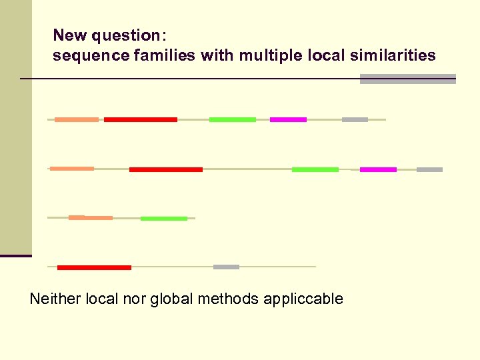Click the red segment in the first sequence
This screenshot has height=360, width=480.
[141, 119]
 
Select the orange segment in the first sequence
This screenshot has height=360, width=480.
[76, 119]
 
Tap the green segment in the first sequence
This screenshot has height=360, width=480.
[233, 119]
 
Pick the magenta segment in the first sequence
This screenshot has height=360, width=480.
[288, 119]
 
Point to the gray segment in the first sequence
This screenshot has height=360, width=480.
[355, 119]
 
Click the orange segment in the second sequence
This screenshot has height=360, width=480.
[72, 169]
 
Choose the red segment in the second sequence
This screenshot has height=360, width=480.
[166, 169]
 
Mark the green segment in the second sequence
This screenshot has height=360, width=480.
[315, 169]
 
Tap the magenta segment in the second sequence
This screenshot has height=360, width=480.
[378, 169]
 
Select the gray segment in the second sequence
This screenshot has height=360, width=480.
[429, 169]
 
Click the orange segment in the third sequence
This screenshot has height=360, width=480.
[91, 217]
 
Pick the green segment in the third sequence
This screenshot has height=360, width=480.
[164, 218]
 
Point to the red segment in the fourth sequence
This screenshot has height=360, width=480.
[94, 267]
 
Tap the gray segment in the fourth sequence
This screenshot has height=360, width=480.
[226, 267]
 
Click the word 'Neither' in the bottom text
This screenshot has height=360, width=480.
[55, 299]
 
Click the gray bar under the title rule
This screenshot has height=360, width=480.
[407, 79]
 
